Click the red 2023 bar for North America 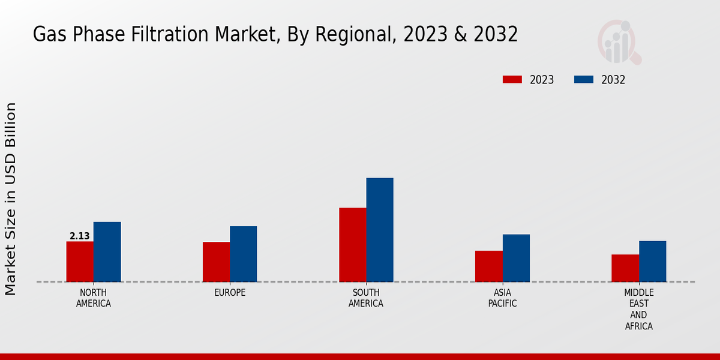pos(80,262)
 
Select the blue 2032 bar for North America pos(107,252)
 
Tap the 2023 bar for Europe pos(216,262)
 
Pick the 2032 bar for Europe pos(243,254)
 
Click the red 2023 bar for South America pos(352,245)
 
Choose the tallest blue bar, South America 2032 pos(380,230)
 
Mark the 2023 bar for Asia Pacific pos(488,266)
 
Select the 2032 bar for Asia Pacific pos(516,258)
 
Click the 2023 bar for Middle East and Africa pos(625,268)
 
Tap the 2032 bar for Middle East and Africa pos(652,262)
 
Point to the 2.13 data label pos(80,236)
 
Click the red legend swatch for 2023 pos(512,80)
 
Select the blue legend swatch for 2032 pos(584,80)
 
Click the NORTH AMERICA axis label pos(94,298)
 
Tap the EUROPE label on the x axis pos(230,293)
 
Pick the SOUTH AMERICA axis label pos(366,298)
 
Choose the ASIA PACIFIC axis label pos(503,298)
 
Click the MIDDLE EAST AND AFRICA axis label pos(638,310)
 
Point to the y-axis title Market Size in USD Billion pos(11,199)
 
